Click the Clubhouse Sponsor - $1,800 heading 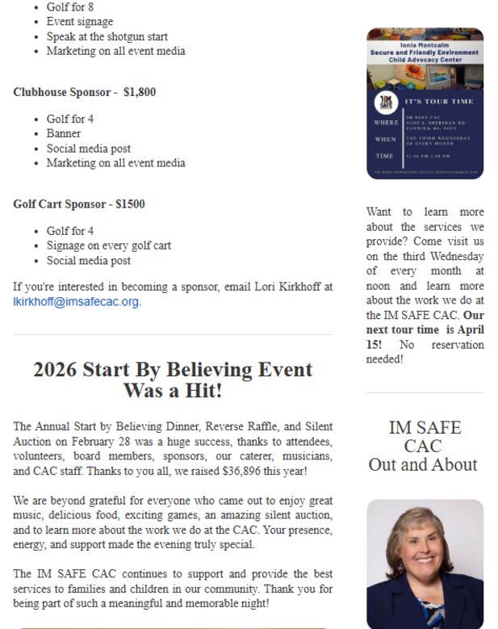pyautogui.click(x=85, y=92)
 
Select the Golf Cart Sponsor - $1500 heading pyautogui.click(x=79, y=204)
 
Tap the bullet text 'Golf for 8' pyautogui.click(x=70, y=6)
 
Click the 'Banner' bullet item pyautogui.click(x=64, y=133)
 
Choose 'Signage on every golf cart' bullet pyautogui.click(x=109, y=245)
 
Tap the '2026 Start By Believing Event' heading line pyautogui.click(x=173, y=370)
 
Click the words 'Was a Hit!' pyautogui.click(x=173, y=391)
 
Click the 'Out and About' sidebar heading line pyautogui.click(x=423, y=464)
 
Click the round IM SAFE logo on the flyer pyautogui.click(x=385, y=103)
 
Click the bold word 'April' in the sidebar pyautogui.click(x=468, y=329)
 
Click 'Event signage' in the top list pyautogui.click(x=80, y=22)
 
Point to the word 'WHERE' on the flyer pyautogui.click(x=386, y=123)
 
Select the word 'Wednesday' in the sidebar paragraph pyautogui.click(x=454, y=257)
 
